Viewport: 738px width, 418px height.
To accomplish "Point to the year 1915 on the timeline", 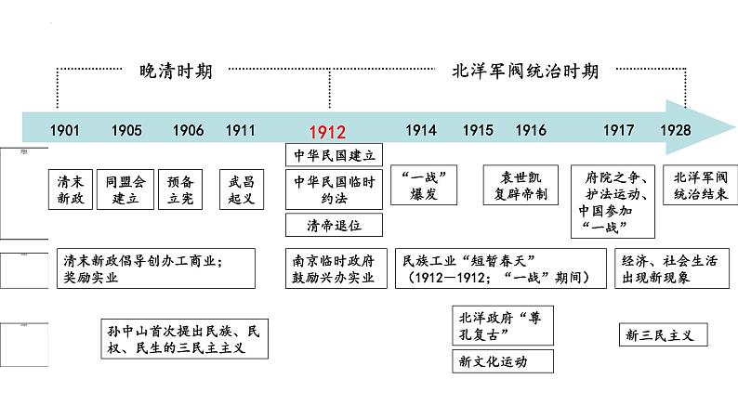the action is (x=478, y=130).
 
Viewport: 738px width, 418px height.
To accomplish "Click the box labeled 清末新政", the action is (x=71, y=190).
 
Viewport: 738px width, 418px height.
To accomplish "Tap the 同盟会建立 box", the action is (x=125, y=190).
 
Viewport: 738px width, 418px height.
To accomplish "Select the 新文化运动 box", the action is (x=502, y=360).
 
